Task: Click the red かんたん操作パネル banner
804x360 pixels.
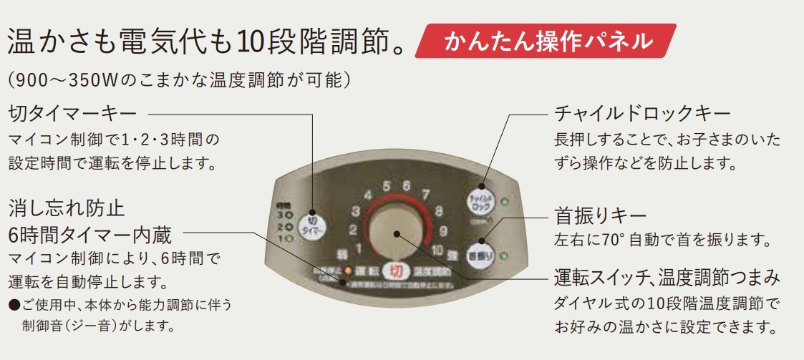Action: point(548,41)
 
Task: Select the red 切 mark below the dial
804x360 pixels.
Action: point(396,272)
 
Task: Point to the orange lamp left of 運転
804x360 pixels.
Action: point(348,271)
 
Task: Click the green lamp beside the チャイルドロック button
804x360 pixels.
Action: point(506,200)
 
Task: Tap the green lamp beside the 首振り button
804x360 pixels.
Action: point(505,256)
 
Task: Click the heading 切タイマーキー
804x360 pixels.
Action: point(72,113)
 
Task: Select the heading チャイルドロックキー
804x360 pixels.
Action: point(642,113)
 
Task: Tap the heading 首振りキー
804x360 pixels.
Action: point(601,215)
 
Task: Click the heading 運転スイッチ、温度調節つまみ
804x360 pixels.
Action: point(667,276)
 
